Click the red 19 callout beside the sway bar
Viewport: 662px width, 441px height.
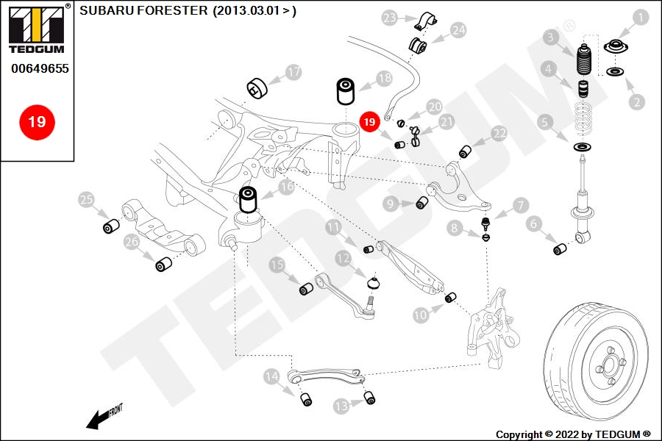coord(369,122)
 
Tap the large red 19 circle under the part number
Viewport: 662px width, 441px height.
coord(38,122)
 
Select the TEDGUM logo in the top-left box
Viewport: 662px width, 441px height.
coord(37,29)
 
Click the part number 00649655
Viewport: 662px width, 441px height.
coord(40,68)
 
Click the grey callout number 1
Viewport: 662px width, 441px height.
coord(641,18)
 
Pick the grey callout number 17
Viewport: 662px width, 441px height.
coord(293,72)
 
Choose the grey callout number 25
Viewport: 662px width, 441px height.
coord(87,199)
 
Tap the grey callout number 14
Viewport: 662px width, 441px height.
coord(271,376)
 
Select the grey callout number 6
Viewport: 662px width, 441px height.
coord(534,223)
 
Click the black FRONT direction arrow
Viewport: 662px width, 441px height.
coord(99,418)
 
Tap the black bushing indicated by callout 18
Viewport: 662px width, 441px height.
coord(346,90)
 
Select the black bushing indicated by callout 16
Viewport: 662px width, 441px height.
coord(248,200)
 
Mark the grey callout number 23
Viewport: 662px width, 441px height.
coord(389,18)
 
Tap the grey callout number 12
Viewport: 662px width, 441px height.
coord(344,258)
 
